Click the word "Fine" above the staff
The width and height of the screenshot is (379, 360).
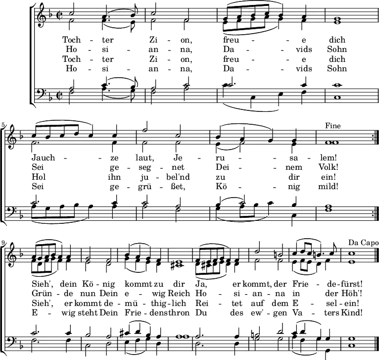click(x=333, y=126)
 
